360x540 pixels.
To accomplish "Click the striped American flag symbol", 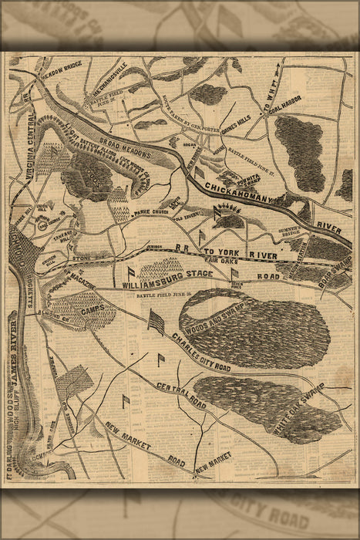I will (x=156, y=320).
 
